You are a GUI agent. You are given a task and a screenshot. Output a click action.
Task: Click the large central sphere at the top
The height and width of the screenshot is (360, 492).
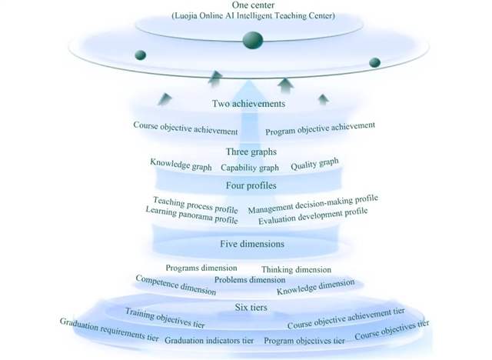[253, 41]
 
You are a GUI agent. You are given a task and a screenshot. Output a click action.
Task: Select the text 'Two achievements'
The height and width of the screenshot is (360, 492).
[248, 103]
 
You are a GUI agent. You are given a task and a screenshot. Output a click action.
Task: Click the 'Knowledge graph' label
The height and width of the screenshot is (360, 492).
[181, 165]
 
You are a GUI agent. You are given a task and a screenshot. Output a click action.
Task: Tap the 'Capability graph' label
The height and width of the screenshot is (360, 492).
[250, 168]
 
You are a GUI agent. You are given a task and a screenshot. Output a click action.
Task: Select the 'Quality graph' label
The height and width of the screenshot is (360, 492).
[314, 164]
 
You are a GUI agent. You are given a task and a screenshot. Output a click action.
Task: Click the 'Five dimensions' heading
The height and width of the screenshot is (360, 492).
[251, 245]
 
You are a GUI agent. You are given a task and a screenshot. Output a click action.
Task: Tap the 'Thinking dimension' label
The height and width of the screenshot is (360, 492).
[297, 270]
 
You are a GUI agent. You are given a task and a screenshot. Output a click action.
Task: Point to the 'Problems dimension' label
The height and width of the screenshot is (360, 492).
[250, 280]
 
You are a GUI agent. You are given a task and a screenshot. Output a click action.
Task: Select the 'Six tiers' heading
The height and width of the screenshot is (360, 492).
[251, 308]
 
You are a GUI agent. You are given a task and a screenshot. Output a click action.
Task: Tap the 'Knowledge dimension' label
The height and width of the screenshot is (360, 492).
[315, 288]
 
